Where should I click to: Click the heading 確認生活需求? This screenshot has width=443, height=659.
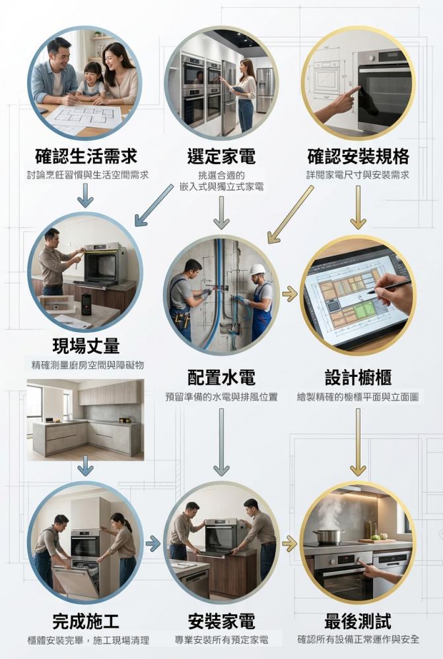[86, 156]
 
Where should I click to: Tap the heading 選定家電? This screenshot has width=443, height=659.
[221, 156]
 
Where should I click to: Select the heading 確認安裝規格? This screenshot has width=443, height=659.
[358, 156]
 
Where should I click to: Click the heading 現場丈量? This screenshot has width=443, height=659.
[86, 345]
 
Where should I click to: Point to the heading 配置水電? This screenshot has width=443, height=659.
[221, 377]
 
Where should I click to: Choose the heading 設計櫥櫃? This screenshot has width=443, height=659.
[358, 377]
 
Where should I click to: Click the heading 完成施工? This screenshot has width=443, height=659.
[86, 621]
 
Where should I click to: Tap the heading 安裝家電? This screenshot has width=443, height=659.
[221, 621]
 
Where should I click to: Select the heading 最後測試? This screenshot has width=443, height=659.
[358, 621]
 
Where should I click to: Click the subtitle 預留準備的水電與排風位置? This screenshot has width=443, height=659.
[221, 397]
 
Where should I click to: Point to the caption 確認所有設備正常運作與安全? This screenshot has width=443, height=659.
[358, 639]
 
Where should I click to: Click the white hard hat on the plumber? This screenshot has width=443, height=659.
[257, 270]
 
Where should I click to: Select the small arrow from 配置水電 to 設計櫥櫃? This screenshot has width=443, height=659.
[290, 294]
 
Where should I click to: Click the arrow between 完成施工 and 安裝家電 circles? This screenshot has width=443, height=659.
[153, 544]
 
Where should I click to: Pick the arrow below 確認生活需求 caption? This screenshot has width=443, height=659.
[85, 196]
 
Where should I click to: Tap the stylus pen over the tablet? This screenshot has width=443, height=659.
[389, 287]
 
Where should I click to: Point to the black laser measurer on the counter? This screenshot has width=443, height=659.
[86, 304]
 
